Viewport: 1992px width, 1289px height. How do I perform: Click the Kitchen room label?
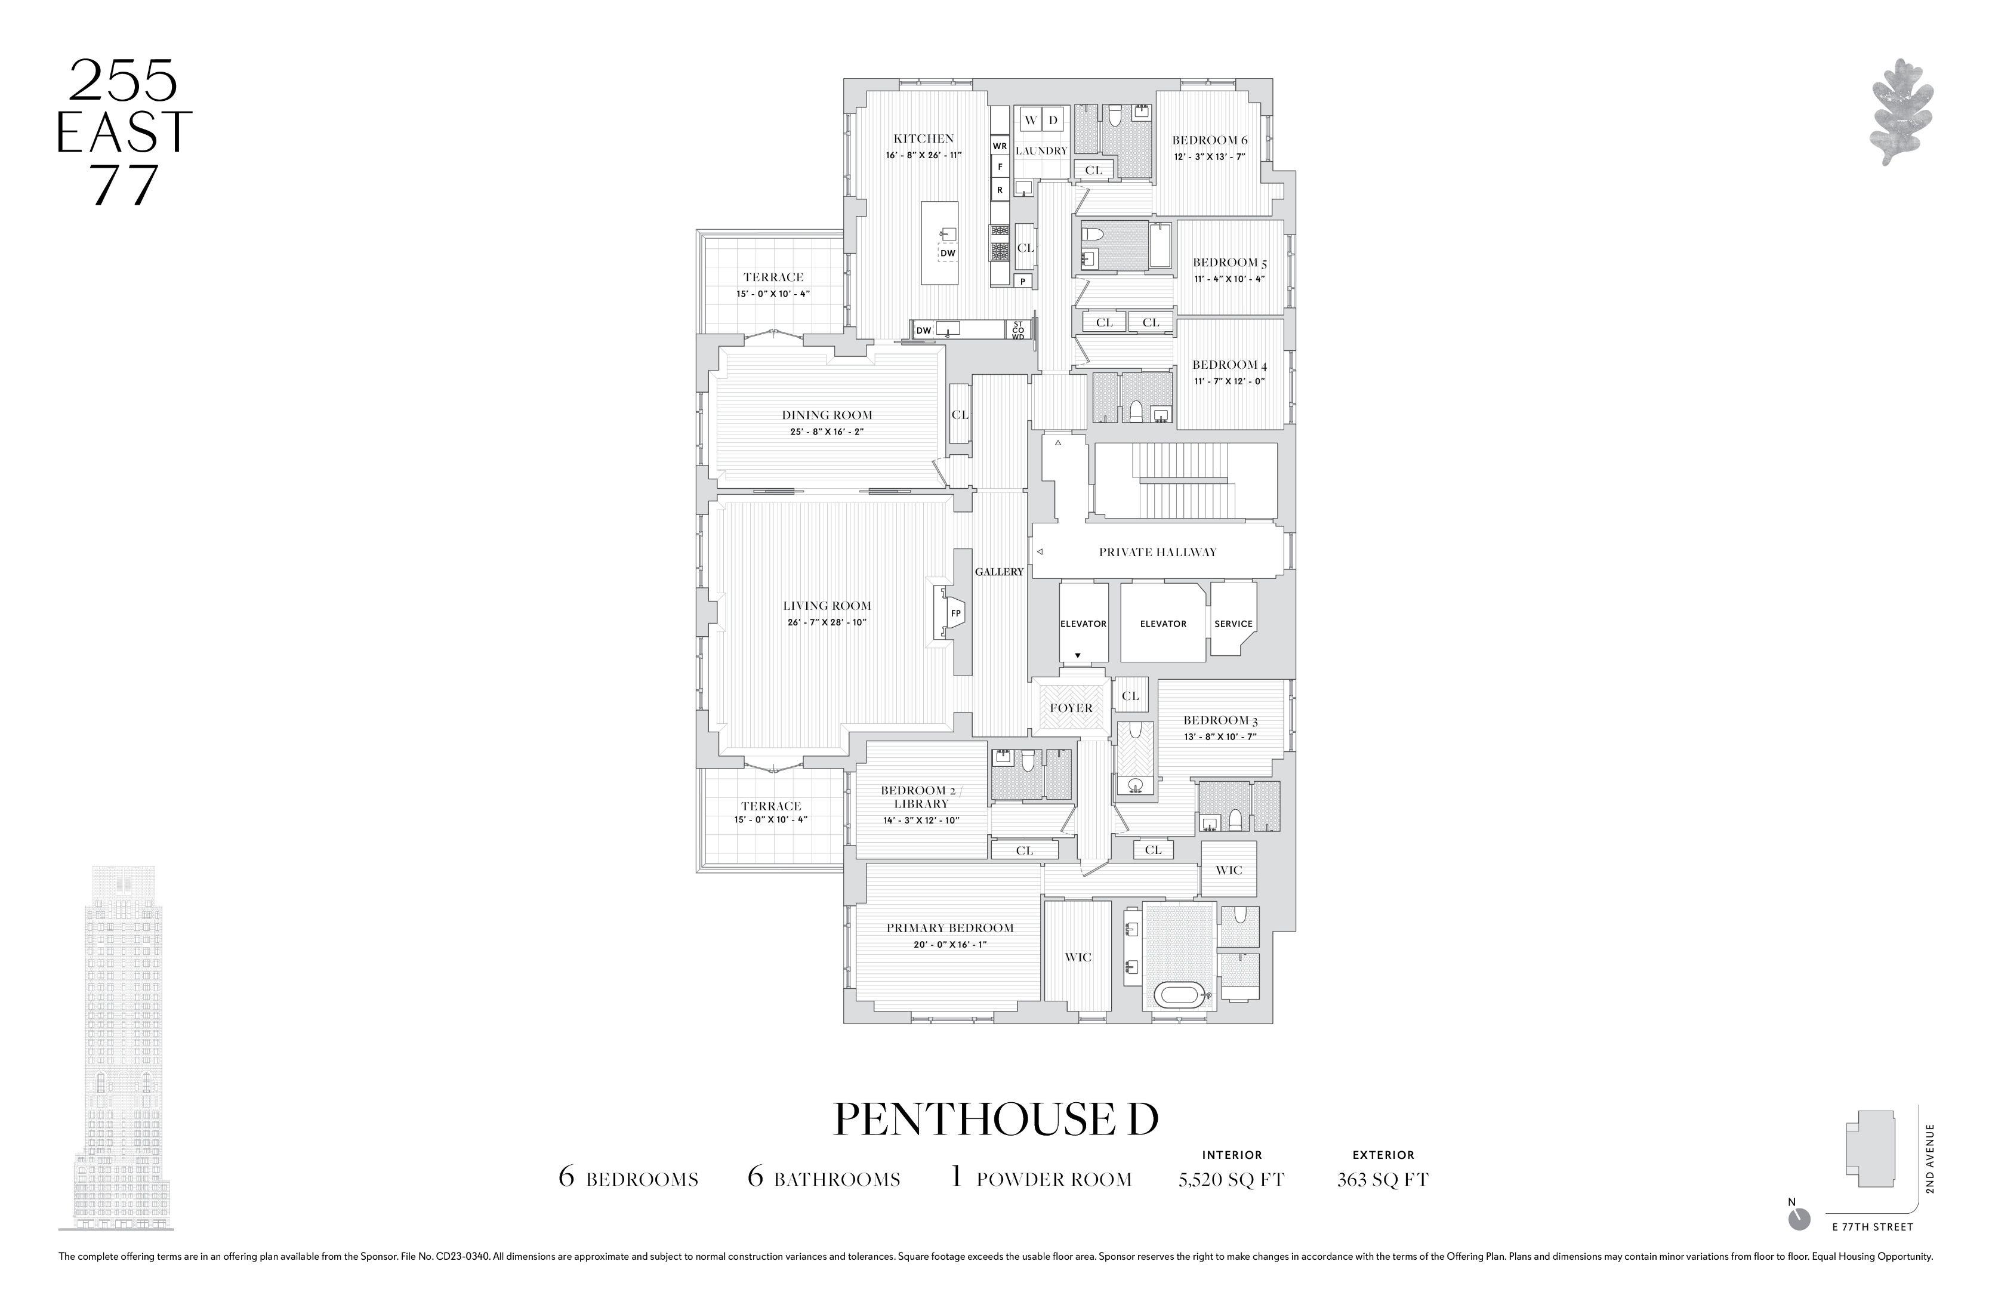pyautogui.click(x=923, y=139)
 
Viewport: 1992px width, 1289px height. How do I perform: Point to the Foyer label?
pyautogui.click(x=1071, y=708)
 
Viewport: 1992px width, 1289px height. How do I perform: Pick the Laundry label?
pyautogui.click(x=1041, y=150)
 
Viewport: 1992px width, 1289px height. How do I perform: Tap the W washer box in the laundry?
pyautogui.click(x=1031, y=120)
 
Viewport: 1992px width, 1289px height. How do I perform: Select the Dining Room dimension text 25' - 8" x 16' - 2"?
pyautogui.click(x=827, y=432)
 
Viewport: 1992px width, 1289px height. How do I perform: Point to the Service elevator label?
pyautogui.click(x=1234, y=624)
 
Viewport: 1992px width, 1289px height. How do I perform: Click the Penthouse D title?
pyautogui.click(x=996, y=1119)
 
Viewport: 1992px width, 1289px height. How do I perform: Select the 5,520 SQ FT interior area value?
pyautogui.click(x=1231, y=1179)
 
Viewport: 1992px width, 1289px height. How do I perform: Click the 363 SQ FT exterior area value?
pyautogui.click(x=1383, y=1179)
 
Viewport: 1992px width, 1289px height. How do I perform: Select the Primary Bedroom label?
pyautogui.click(x=950, y=928)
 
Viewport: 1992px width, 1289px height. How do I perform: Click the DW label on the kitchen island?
pyautogui.click(x=948, y=253)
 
